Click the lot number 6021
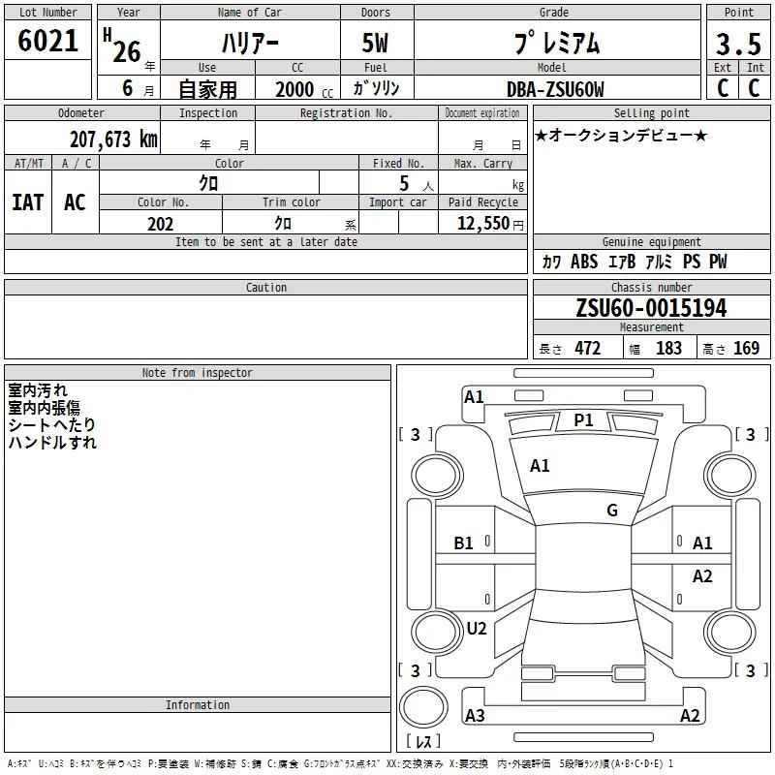[47, 41]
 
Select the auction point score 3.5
[738, 44]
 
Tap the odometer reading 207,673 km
[113, 139]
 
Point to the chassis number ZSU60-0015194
[651, 308]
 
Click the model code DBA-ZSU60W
[555, 89]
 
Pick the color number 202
[160, 224]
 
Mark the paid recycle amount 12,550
[483, 224]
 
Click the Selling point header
[651, 113]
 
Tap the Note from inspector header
[198, 373]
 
